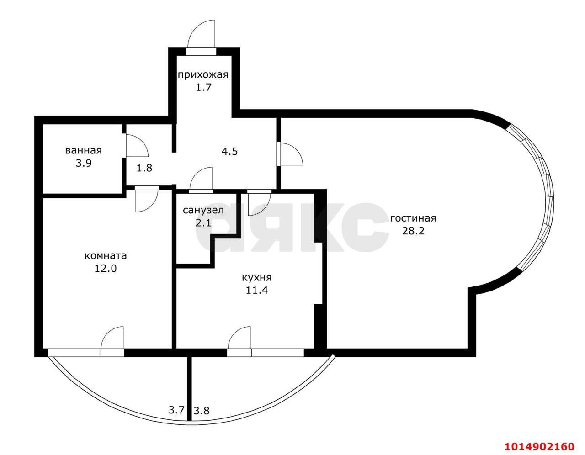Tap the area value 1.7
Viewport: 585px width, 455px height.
pos(203,87)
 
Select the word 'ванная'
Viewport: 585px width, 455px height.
pos(83,150)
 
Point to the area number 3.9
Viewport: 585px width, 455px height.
pos(84,163)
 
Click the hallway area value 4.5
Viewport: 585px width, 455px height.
pos(229,151)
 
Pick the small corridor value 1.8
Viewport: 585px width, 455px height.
pos(144,168)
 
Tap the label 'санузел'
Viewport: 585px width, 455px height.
pos(203,211)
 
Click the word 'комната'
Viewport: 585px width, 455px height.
pos(106,256)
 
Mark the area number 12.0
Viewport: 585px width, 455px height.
pos(106,268)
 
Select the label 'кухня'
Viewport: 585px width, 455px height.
pos(256,277)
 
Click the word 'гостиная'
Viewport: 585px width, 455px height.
pos(413,218)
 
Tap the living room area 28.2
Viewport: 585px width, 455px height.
pos(413,231)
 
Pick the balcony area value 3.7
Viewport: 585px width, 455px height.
pos(176,410)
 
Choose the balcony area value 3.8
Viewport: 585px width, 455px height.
pos(202,410)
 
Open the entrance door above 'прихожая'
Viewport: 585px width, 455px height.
pos(202,37)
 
